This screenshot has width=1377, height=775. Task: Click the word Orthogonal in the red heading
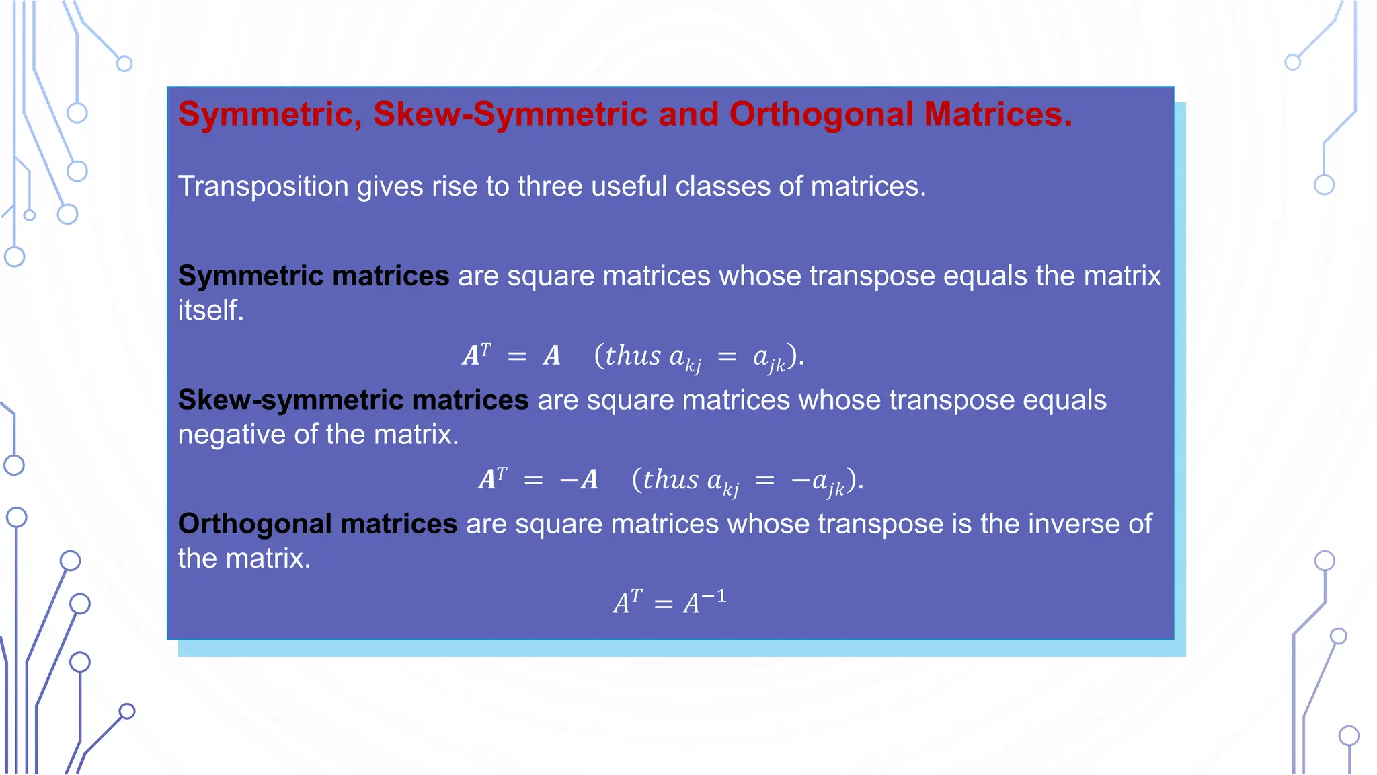821,114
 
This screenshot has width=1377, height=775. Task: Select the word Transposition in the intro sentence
263,186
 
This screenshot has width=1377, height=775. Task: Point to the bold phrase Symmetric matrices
313,276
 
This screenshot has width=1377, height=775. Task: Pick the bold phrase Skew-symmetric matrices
353,400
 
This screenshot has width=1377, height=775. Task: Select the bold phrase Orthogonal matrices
317,523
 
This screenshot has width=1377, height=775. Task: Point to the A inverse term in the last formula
705,601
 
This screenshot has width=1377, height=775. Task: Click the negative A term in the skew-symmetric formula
579,480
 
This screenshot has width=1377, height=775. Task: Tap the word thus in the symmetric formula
633,356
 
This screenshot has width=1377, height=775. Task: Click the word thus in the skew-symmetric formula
670,480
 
